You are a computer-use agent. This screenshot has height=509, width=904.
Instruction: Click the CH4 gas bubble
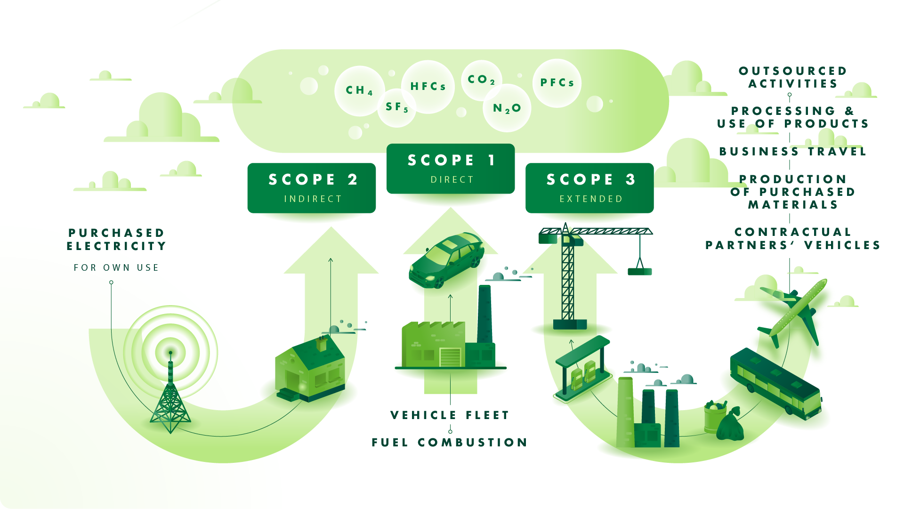coord(359,90)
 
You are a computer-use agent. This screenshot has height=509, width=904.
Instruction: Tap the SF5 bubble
coord(396,107)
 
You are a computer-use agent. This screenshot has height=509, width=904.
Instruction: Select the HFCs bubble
coord(428,87)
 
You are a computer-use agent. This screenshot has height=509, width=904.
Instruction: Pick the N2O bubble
coord(507,108)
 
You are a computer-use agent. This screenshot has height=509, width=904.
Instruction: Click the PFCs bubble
coord(557,83)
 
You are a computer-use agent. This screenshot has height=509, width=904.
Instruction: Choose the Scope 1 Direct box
coord(451,169)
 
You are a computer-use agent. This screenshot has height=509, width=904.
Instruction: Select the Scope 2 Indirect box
coord(312,188)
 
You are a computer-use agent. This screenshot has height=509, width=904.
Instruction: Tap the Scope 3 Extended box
coord(589,188)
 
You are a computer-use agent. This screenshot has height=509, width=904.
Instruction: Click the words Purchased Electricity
coord(116,240)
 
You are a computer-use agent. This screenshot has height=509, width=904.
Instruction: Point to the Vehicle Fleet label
coord(450,415)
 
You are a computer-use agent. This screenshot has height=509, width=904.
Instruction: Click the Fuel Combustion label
coord(450,443)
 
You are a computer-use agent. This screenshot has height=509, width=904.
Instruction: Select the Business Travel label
coord(793,152)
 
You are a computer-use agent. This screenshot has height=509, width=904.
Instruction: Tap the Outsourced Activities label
coord(793,77)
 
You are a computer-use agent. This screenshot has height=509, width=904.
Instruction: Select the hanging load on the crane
coord(639,272)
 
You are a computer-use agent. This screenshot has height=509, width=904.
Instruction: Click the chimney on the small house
coord(322,344)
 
